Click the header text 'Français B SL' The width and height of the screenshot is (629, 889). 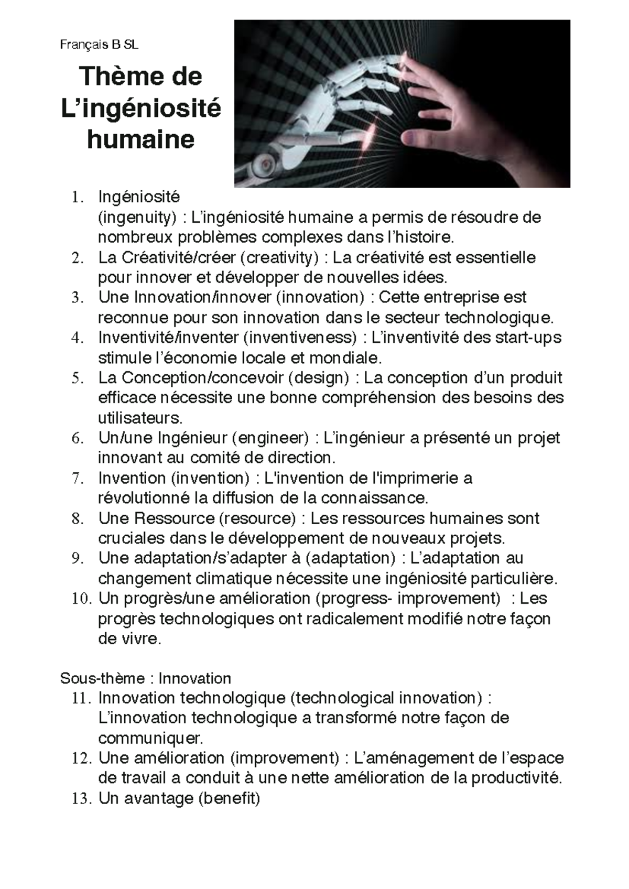(x=99, y=45)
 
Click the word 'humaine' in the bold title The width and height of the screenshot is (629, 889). (x=140, y=139)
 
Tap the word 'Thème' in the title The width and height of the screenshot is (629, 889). (x=118, y=77)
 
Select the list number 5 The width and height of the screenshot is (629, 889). (x=78, y=378)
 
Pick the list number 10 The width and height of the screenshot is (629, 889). (x=81, y=599)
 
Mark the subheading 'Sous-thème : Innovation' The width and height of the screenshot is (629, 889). (x=146, y=678)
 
